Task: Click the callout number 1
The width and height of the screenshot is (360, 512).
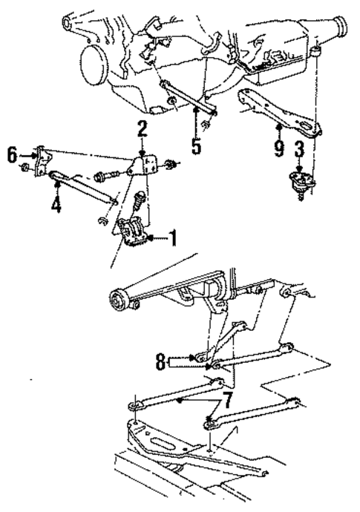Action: point(172,239)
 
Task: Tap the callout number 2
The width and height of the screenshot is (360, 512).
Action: point(142,131)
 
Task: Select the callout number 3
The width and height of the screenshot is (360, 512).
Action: point(298,151)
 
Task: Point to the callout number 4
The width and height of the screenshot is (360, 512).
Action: point(56,201)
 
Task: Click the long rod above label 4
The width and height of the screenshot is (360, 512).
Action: point(82,187)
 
